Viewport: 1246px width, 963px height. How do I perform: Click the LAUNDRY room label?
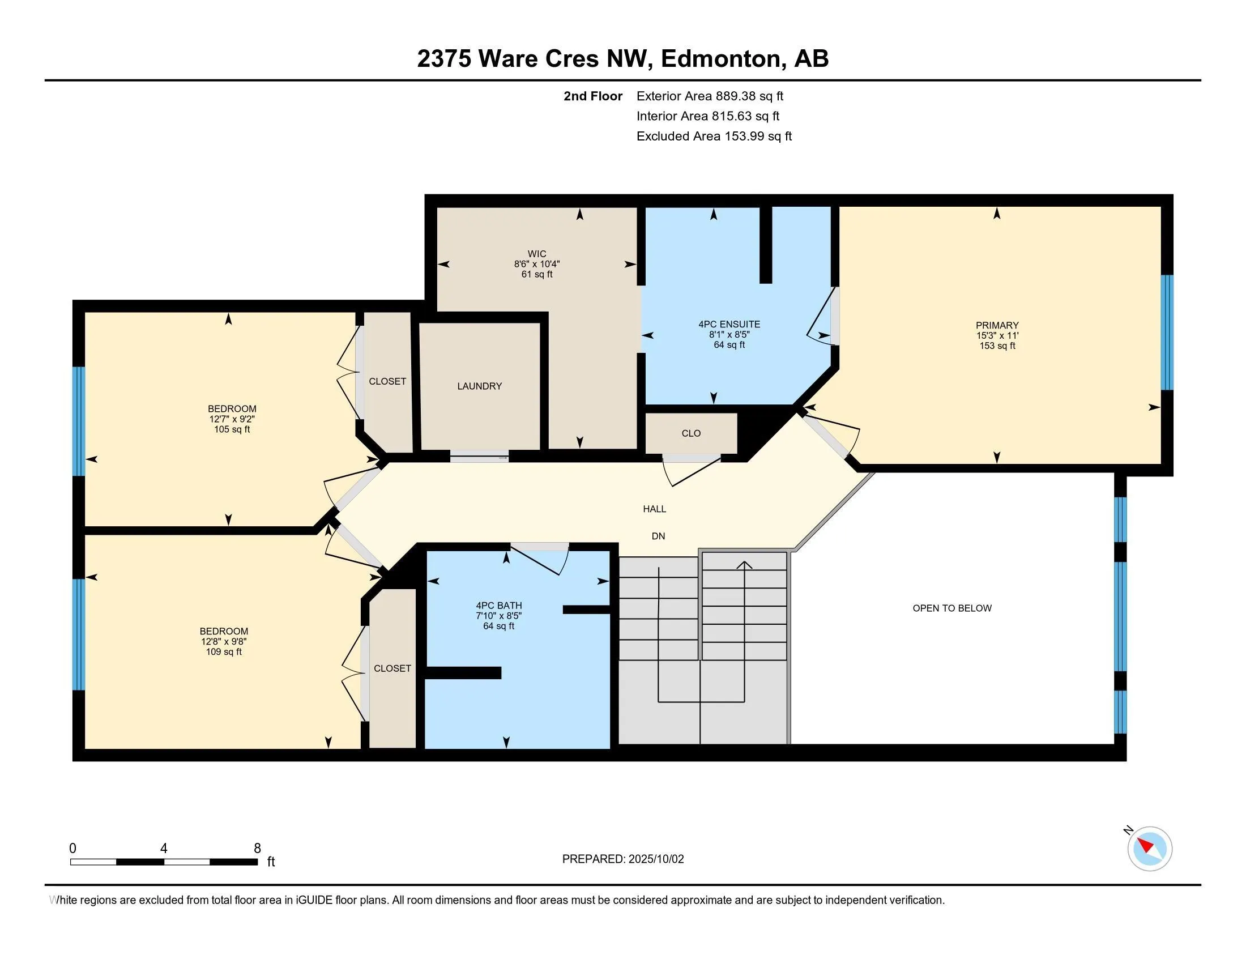point(479,386)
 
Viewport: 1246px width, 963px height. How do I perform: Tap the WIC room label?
point(536,254)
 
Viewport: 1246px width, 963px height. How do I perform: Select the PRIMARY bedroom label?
point(997,325)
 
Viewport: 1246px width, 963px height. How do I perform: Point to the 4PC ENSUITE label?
point(729,324)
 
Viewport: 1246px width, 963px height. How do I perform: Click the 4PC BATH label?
point(498,606)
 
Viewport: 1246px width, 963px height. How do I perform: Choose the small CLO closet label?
point(691,433)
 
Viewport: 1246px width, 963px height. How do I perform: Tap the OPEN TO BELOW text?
point(951,608)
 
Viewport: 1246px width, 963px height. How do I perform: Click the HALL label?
point(654,509)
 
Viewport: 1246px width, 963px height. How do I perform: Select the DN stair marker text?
point(658,536)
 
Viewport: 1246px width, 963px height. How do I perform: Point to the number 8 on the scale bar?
point(257,849)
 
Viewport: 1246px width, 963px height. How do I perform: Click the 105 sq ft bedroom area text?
point(232,429)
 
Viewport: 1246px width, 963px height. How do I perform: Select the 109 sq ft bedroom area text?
point(224,651)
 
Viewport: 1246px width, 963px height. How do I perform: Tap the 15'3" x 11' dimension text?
point(997,336)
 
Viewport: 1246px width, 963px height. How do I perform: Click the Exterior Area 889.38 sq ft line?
point(710,96)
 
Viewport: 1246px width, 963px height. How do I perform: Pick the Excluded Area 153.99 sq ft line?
point(714,137)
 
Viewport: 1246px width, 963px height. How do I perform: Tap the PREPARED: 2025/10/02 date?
point(622,859)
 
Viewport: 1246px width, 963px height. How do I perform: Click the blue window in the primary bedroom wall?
point(1167,333)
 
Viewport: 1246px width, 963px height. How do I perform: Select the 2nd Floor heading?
point(593,96)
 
